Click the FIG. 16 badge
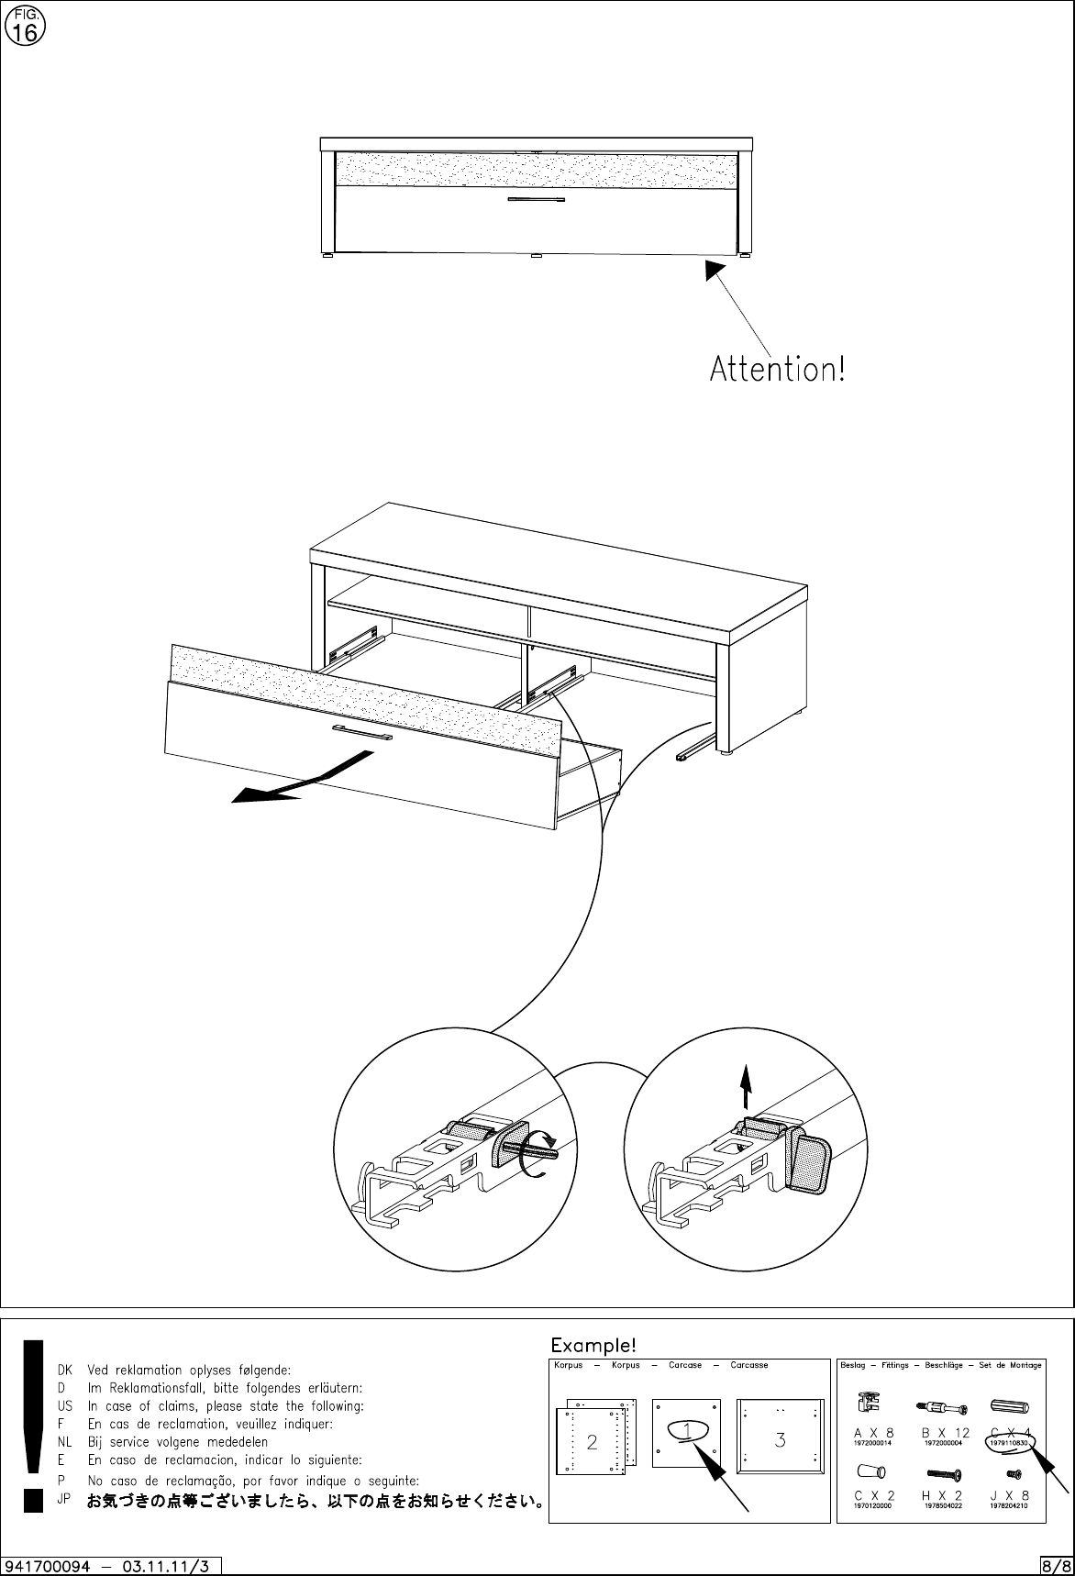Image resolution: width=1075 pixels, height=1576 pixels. tap(26, 28)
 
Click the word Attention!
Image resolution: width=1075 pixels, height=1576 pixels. tap(776, 370)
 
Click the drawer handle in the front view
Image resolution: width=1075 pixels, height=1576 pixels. tap(537, 197)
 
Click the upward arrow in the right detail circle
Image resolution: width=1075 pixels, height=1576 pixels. tap(746, 1087)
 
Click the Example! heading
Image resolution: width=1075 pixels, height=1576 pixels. tap(592, 1347)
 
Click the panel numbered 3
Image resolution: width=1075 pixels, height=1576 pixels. tap(779, 1440)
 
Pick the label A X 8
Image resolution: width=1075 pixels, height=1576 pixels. tap(873, 1432)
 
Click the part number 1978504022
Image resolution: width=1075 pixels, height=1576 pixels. tap(942, 1505)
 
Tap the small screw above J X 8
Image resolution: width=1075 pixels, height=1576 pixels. tap(1014, 1474)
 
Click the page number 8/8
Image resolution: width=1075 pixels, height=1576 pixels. tap(1055, 1565)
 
